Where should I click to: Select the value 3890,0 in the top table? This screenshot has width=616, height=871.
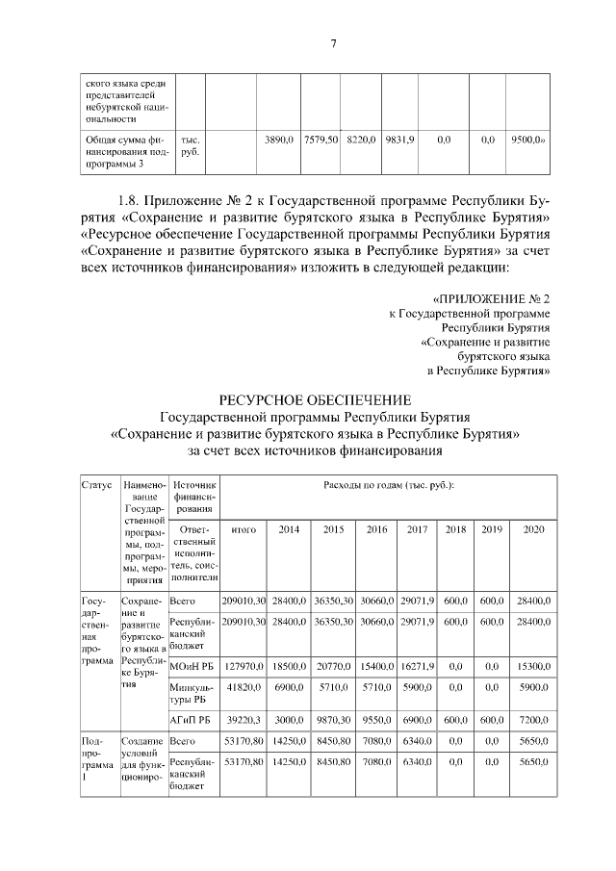(278, 141)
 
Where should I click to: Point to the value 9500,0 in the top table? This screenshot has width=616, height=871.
(528, 141)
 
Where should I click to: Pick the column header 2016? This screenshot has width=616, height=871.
(376, 529)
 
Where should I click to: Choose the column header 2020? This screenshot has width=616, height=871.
(533, 529)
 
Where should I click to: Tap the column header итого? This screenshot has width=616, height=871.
(244, 529)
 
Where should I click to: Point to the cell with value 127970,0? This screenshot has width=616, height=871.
(244, 665)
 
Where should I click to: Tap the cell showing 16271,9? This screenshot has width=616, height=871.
(417, 665)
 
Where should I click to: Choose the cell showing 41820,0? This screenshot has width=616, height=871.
(244, 690)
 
